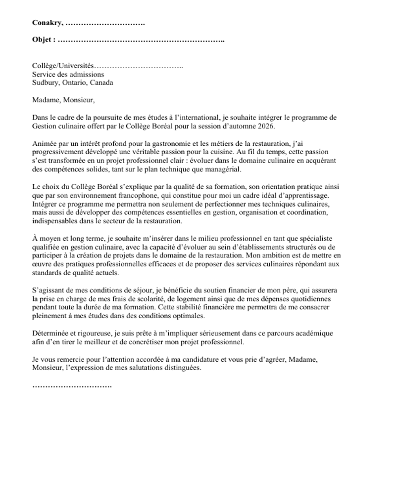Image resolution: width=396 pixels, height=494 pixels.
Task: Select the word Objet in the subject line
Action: tap(42, 39)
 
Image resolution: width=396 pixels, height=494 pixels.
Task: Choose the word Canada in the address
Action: tap(101, 82)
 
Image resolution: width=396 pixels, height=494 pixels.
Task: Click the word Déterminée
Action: tap(50, 333)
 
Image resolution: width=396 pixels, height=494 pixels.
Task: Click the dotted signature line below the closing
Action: tap(72, 385)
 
